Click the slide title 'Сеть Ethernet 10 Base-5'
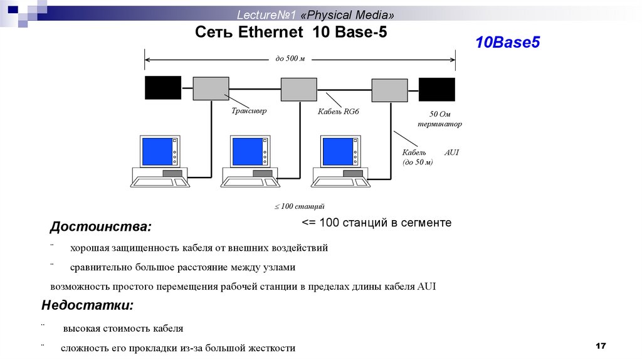pos(291,33)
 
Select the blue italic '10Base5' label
pos(507,43)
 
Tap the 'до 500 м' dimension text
pos(290,59)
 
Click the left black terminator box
pos(163,88)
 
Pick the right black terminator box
pos(437,88)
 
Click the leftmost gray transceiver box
pos(211,88)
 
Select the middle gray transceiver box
pos(298,89)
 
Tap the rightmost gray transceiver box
pos(390,90)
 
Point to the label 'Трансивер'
pos(249,111)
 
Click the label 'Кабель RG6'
pos(339,112)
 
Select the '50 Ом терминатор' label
pos(440,119)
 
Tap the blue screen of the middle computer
pos(248,151)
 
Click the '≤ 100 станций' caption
pos(299,206)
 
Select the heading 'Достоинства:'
pos(100,226)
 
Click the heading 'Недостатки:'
pos(87,305)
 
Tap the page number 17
pos(601,346)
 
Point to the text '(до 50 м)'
pos(418,162)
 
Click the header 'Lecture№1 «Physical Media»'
pos(316,14)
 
